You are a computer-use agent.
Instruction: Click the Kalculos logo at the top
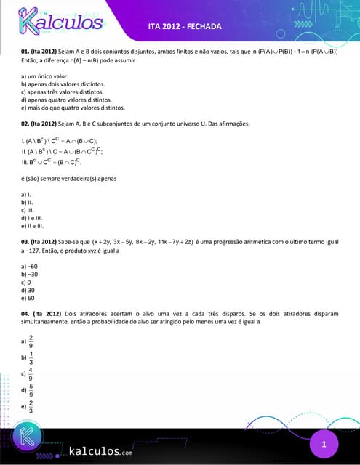tap(59, 23)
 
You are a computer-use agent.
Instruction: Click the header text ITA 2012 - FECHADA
tap(184, 27)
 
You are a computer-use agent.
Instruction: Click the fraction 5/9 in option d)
tap(31, 390)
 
